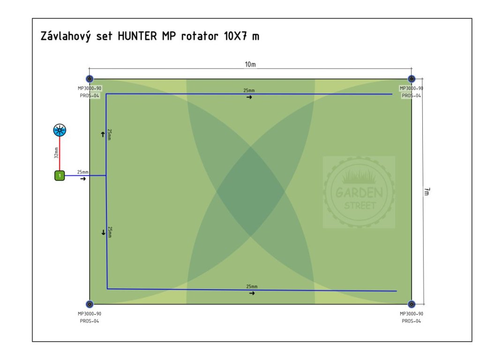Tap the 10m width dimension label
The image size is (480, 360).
250,64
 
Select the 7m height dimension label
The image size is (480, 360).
427,191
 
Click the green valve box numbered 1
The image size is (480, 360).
60,176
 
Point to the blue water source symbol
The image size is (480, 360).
60,131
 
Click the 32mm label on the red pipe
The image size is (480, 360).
56,153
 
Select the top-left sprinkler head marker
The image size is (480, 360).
90,79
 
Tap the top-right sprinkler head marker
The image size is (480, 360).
412,79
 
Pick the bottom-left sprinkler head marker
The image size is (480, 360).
90,304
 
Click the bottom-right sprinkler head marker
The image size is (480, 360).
412,304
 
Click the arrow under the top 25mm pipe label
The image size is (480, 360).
249,97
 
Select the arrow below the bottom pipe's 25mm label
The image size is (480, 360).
252,293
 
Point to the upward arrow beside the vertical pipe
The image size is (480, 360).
103,135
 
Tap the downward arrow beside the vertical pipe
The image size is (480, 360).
103,232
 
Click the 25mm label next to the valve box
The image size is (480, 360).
83,172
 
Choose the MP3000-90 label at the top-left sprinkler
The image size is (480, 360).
90,88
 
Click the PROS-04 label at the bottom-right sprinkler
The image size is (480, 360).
411,321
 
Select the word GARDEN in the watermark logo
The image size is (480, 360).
359,193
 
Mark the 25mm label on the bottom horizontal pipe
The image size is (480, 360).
252,286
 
